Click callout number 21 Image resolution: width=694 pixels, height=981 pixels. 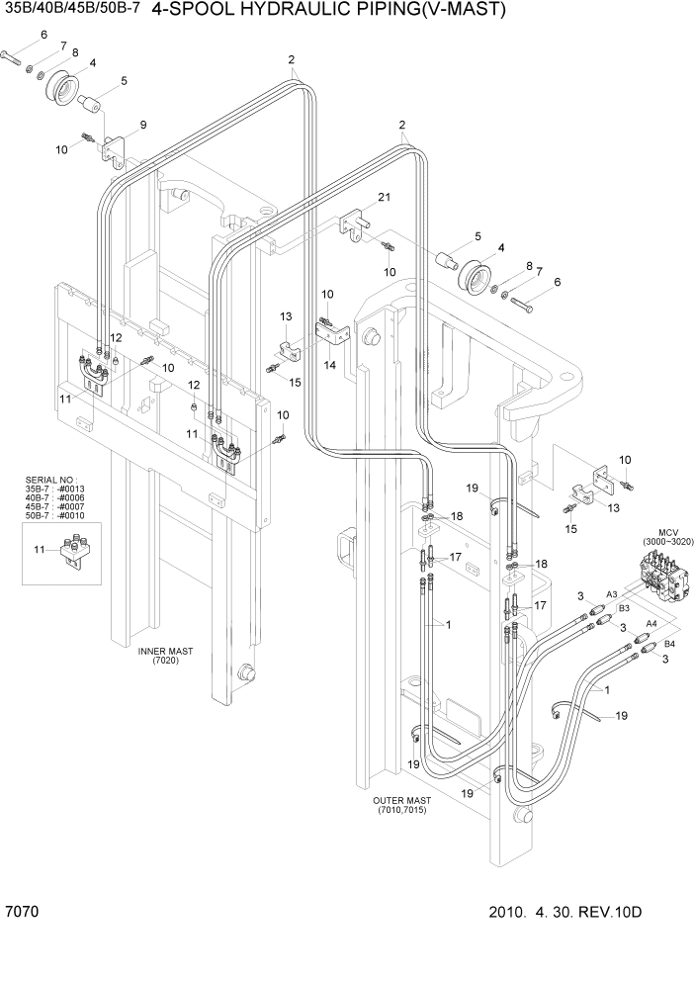384,198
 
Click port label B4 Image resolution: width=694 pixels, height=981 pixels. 655,644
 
